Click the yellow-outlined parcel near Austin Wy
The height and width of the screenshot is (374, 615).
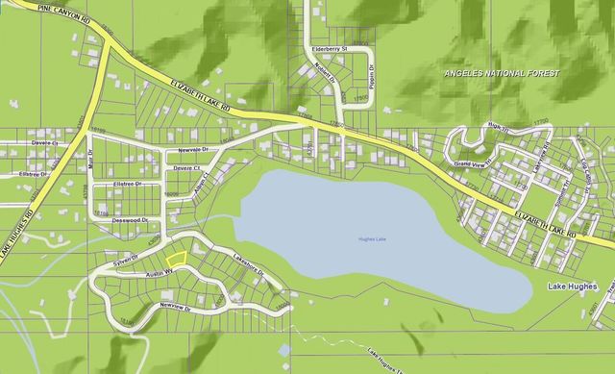(x=175, y=258)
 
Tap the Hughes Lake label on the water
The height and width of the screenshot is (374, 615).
(x=372, y=237)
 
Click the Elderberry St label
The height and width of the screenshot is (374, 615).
(x=329, y=47)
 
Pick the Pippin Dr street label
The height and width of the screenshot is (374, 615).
(x=369, y=74)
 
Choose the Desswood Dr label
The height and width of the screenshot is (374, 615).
(x=130, y=220)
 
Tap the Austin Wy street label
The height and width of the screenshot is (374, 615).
(x=158, y=272)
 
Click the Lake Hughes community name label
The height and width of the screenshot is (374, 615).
(x=571, y=287)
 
